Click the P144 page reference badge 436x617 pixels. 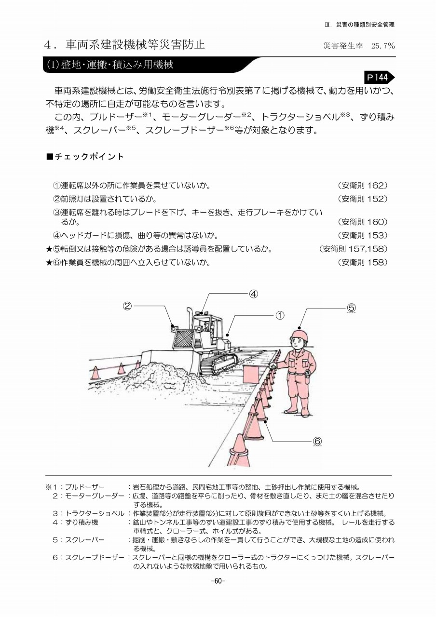point(378,77)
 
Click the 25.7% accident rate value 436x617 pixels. point(383,46)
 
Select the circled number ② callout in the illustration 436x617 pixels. point(127,306)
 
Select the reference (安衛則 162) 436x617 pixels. point(363,185)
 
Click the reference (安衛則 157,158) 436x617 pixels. point(354,249)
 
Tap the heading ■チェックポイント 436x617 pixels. point(85,157)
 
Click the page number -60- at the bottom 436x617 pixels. point(218,580)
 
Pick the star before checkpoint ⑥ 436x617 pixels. point(49,263)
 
